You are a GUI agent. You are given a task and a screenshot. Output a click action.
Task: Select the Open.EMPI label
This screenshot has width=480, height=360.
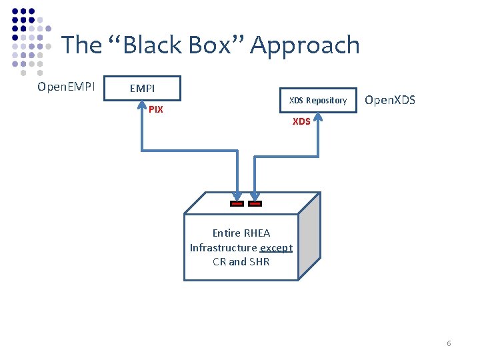[x=66, y=87]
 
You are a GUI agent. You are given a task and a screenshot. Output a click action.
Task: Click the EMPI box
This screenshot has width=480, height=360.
[x=143, y=88]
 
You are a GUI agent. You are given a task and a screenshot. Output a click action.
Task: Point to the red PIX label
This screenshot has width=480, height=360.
[x=155, y=109]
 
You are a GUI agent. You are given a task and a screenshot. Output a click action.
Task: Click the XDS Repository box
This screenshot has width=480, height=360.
[x=317, y=100]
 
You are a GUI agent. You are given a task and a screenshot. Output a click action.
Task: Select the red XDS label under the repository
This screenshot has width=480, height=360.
[x=301, y=121]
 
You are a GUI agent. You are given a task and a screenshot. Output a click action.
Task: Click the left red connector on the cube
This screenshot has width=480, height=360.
[x=236, y=203]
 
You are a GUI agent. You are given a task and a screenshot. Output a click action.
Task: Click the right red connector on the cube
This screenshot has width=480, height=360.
[x=255, y=203]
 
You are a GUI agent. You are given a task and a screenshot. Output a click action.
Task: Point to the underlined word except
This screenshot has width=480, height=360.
[x=276, y=247]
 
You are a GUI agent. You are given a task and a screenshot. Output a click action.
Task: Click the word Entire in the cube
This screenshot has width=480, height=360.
[x=227, y=233]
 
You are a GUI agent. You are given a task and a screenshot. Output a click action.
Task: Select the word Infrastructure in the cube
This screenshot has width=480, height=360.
[x=223, y=247]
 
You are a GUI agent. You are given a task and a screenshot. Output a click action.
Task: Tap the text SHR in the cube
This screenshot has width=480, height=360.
[x=259, y=261]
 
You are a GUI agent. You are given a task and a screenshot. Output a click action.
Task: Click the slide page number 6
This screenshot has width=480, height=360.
[x=449, y=343]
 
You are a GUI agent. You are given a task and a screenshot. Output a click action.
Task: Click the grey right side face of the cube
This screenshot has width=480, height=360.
[x=309, y=237]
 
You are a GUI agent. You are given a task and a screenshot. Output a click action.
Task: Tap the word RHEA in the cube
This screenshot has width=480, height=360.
[x=257, y=233]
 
